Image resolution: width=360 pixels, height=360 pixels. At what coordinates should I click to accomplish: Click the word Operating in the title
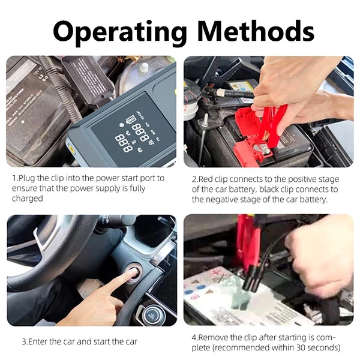119,32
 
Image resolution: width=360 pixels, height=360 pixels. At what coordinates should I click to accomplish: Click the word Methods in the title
256,31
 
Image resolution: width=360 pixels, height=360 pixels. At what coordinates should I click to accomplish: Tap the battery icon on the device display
131,119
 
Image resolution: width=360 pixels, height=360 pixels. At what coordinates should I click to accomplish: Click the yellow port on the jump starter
71,149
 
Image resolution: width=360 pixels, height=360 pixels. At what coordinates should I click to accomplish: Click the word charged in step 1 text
28,198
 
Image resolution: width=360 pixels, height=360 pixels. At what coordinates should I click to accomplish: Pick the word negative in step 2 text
221,200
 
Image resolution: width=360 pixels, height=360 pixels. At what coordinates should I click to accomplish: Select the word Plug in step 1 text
26,178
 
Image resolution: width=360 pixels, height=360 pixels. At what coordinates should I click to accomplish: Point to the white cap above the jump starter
143,68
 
